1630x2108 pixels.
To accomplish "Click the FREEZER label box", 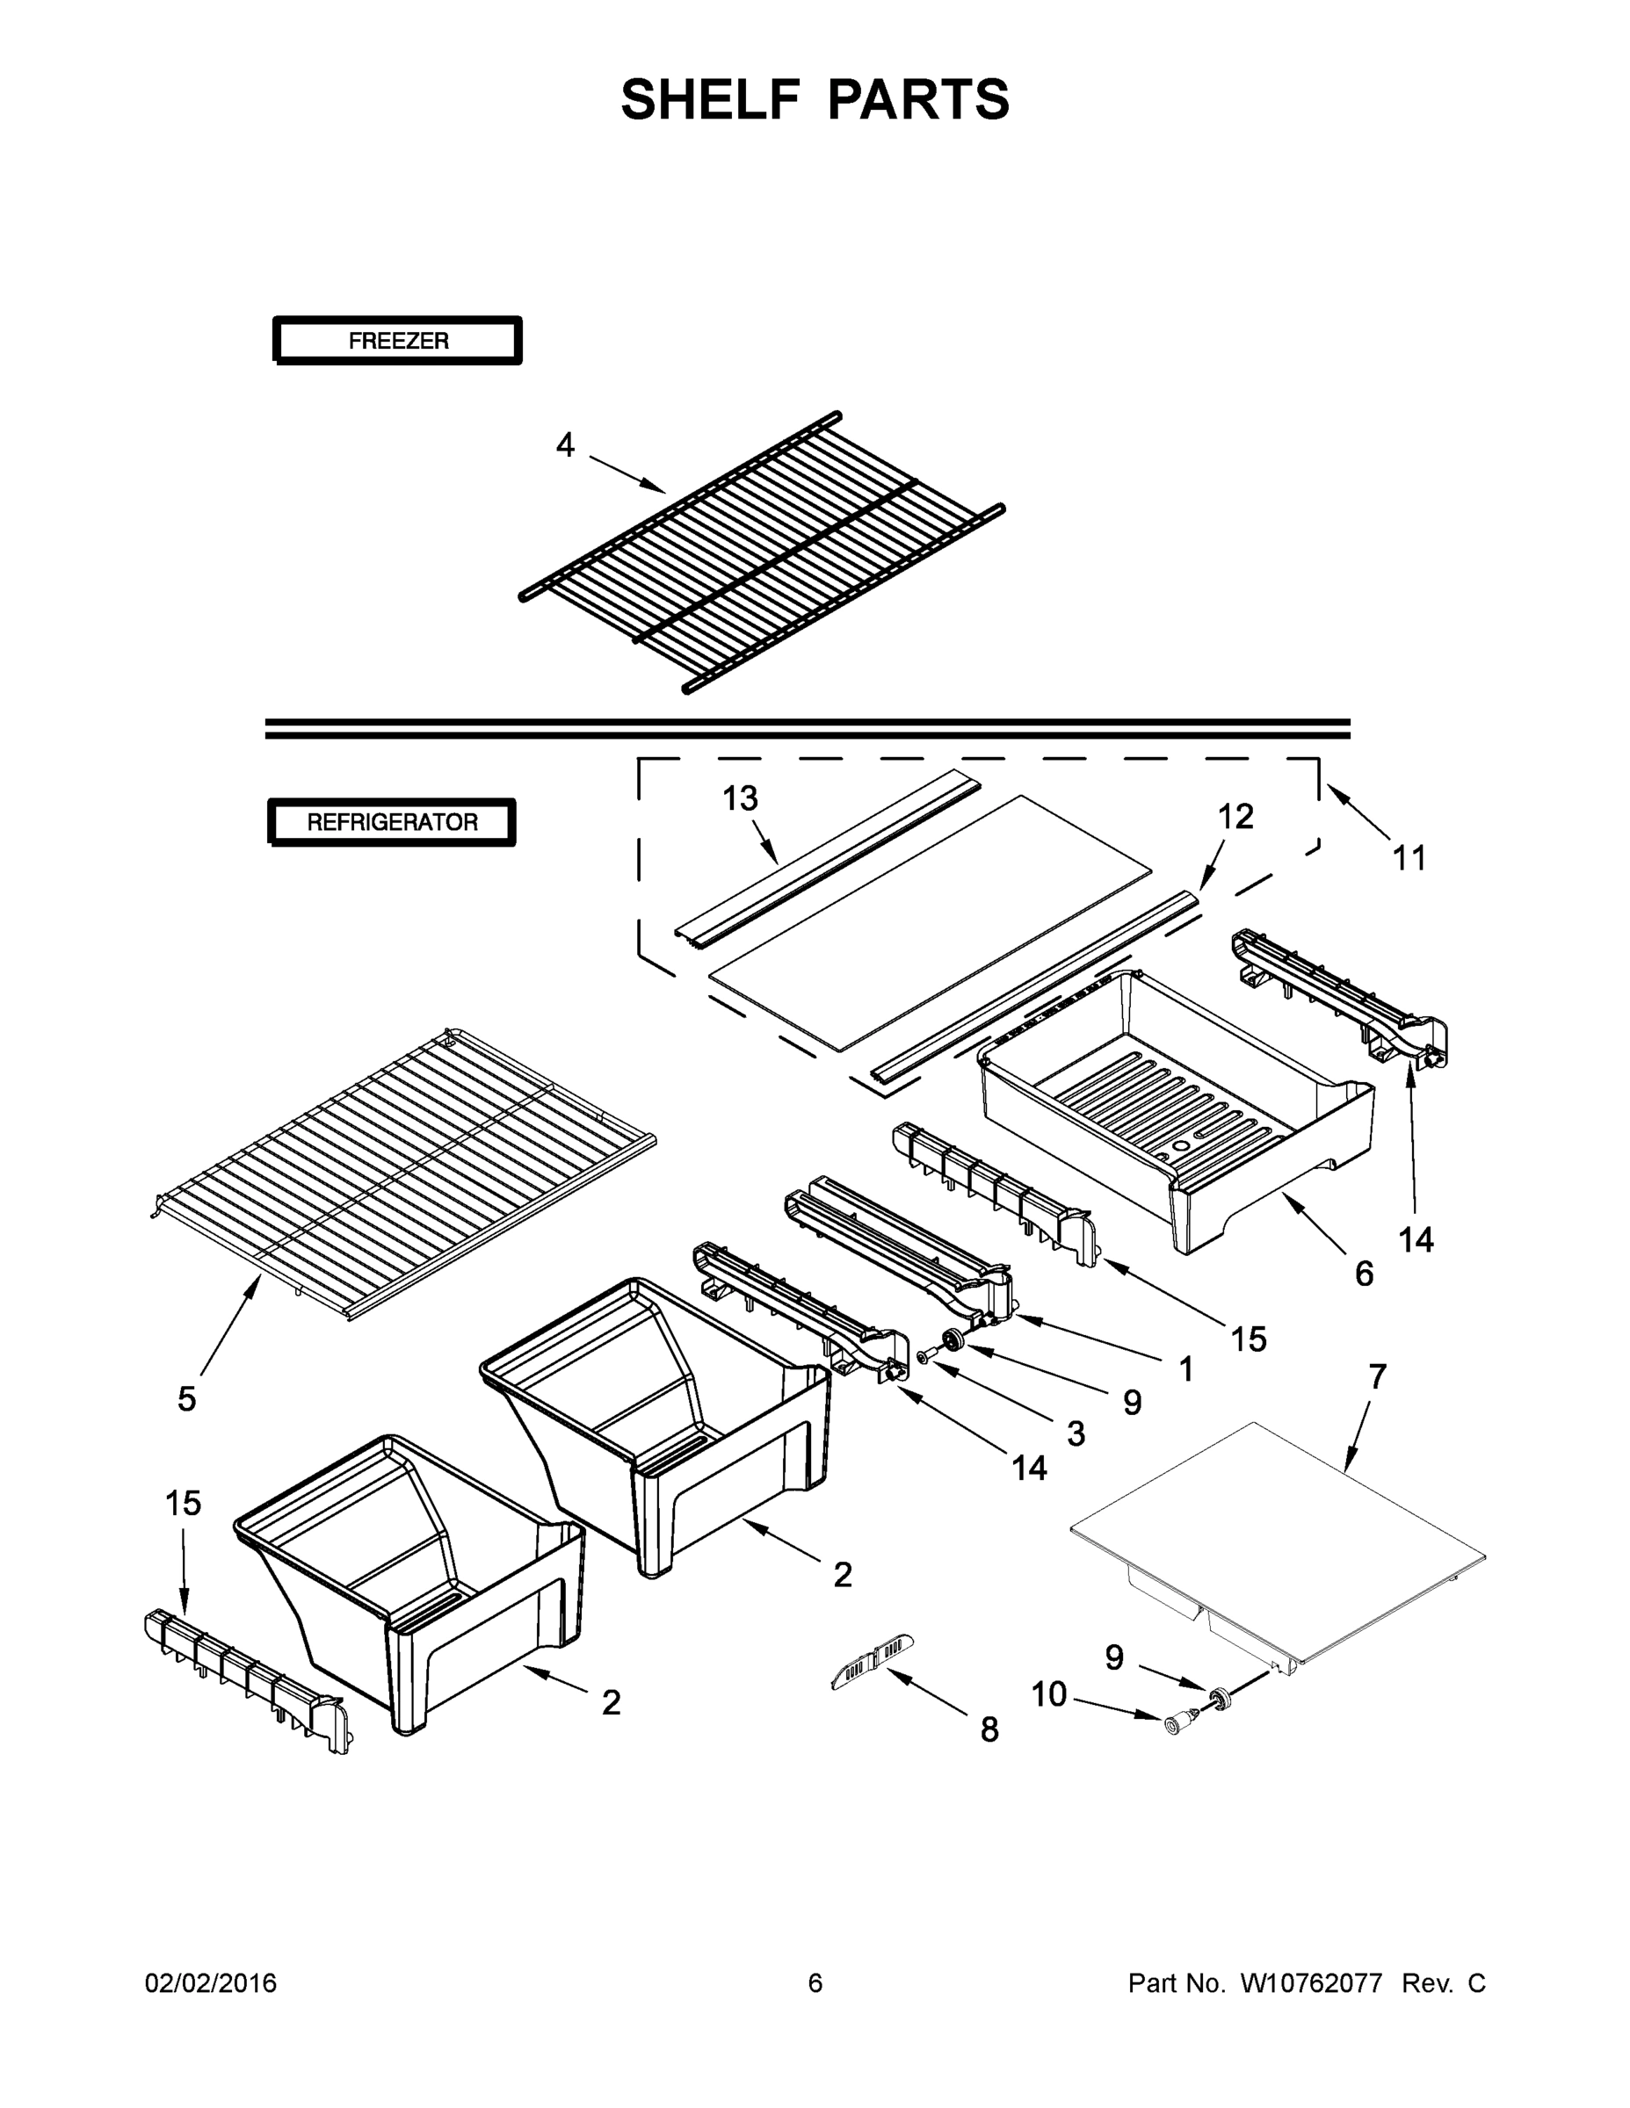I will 398,340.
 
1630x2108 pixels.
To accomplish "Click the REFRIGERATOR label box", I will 392,822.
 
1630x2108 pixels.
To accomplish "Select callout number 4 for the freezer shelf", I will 565,445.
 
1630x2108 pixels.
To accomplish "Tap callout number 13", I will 741,798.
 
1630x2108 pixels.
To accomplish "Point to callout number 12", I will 1235,817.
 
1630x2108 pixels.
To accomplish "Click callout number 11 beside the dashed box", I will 1409,857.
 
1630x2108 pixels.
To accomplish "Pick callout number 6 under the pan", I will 1364,1274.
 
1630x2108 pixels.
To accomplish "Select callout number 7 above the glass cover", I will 1376,1376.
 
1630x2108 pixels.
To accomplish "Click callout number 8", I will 989,1730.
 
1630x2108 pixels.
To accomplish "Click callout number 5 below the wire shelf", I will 186,1398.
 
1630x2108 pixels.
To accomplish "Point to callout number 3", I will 1076,1433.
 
